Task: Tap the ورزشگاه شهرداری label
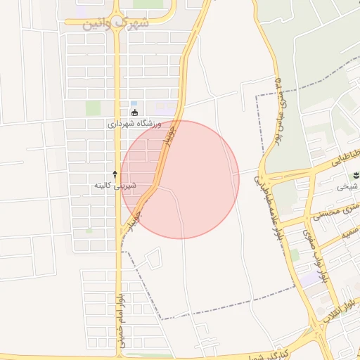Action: point(135,124)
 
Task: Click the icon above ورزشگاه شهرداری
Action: point(135,112)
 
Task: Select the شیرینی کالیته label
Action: point(115,186)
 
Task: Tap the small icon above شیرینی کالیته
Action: point(115,174)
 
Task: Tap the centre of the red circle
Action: point(180,179)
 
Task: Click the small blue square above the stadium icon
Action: point(134,104)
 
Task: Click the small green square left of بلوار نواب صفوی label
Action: point(294,255)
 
